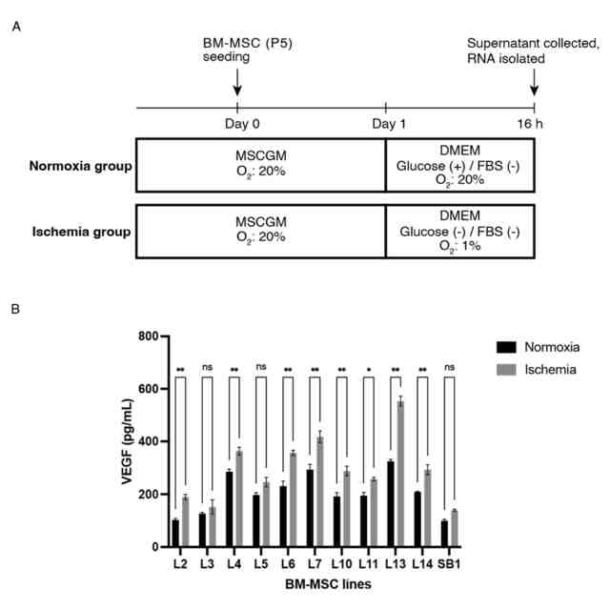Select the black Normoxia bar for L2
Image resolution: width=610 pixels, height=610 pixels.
pos(175,533)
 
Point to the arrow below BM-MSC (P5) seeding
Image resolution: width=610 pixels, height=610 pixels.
pos(236,83)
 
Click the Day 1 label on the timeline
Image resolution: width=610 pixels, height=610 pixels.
pos(385,124)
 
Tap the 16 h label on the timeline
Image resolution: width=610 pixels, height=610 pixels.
pos(534,124)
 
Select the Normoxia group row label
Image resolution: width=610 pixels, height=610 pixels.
pos(80,169)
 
